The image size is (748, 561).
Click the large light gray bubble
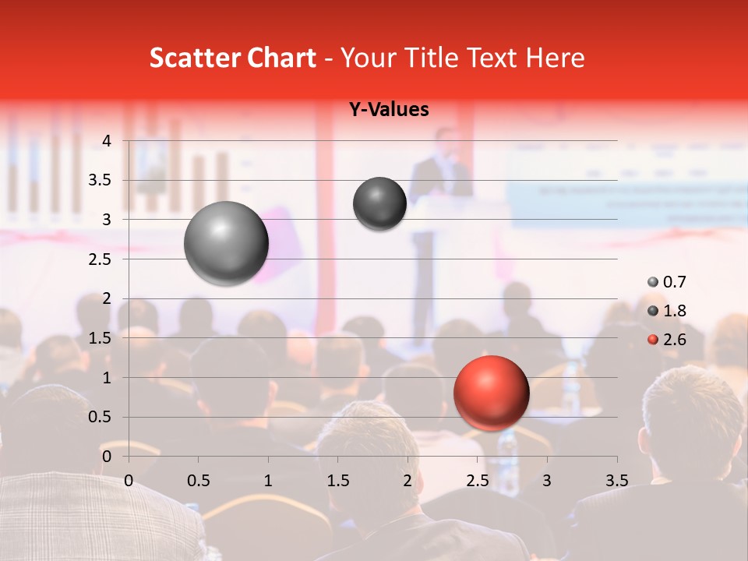[x=226, y=243]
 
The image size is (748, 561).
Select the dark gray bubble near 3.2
[x=379, y=203]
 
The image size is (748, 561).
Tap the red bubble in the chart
[x=491, y=393]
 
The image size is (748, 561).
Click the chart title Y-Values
[x=388, y=110]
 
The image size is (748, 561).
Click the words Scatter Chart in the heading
[x=232, y=58]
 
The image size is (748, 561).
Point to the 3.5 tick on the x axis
[x=616, y=480]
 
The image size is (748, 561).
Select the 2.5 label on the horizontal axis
[x=477, y=480]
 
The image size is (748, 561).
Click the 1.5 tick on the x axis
[x=338, y=480]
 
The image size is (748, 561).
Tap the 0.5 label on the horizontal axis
[x=199, y=480]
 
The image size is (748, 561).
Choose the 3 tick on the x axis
[x=547, y=480]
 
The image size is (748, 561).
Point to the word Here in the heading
[x=555, y=58]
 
